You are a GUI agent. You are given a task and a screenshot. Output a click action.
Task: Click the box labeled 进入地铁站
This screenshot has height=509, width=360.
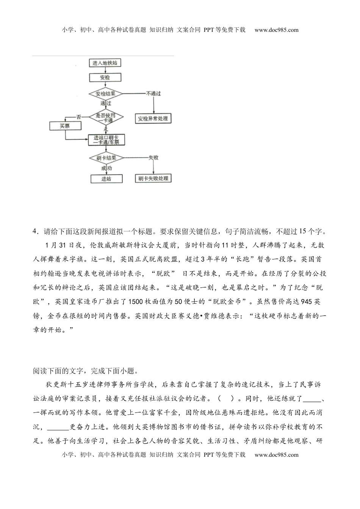click(105, 63)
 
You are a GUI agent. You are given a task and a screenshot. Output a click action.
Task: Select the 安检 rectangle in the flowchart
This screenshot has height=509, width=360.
click(105, 78)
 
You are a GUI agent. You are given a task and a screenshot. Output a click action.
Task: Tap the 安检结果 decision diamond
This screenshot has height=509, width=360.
click(105, 94)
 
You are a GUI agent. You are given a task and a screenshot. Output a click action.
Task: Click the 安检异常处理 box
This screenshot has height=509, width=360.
click(153, 119)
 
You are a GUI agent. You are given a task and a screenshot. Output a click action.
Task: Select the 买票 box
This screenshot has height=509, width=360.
click(65, 126)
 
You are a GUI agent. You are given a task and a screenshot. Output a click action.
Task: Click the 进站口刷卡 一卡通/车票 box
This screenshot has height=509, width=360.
click(106, 140)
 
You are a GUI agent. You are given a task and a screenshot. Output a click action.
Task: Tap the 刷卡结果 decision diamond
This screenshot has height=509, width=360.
click(106, 158)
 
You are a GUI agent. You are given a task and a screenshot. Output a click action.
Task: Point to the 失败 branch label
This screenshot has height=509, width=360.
click(153, 158)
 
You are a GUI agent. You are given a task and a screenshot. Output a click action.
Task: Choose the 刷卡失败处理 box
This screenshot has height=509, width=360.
click(153, 178)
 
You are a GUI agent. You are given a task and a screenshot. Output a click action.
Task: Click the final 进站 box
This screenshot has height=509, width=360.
click(106, 179)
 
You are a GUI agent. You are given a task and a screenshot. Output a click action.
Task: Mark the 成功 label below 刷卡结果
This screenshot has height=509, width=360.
click(106, 168)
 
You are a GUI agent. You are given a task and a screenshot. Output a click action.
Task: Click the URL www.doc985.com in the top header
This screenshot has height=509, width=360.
click(276, 30)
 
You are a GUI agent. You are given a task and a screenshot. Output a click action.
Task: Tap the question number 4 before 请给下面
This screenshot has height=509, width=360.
click(35, 232)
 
